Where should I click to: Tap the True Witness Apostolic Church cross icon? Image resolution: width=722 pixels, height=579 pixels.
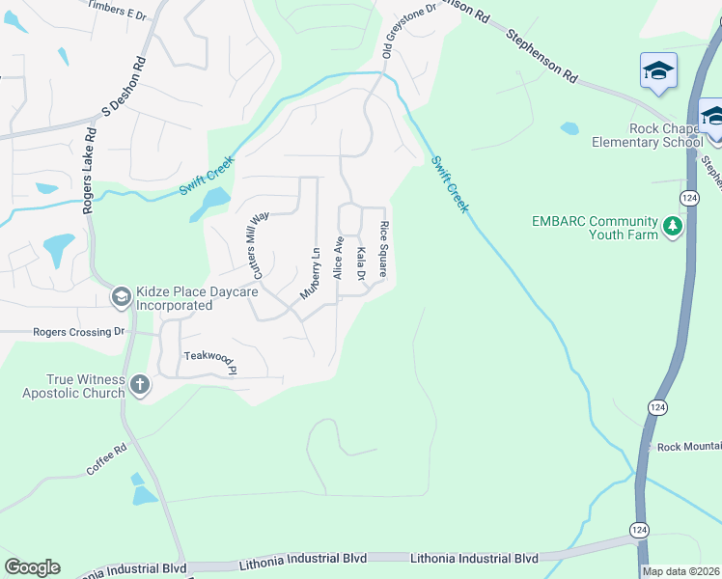140,385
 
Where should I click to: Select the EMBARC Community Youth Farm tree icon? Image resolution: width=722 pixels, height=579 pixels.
672,227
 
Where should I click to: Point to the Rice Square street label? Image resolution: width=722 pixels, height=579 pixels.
383,250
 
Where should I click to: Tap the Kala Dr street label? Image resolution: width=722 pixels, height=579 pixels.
361,263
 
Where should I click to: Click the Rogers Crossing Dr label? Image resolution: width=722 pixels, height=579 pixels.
79,332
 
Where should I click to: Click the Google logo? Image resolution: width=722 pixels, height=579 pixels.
32,567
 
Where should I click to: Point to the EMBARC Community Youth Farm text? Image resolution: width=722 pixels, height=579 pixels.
595,227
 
